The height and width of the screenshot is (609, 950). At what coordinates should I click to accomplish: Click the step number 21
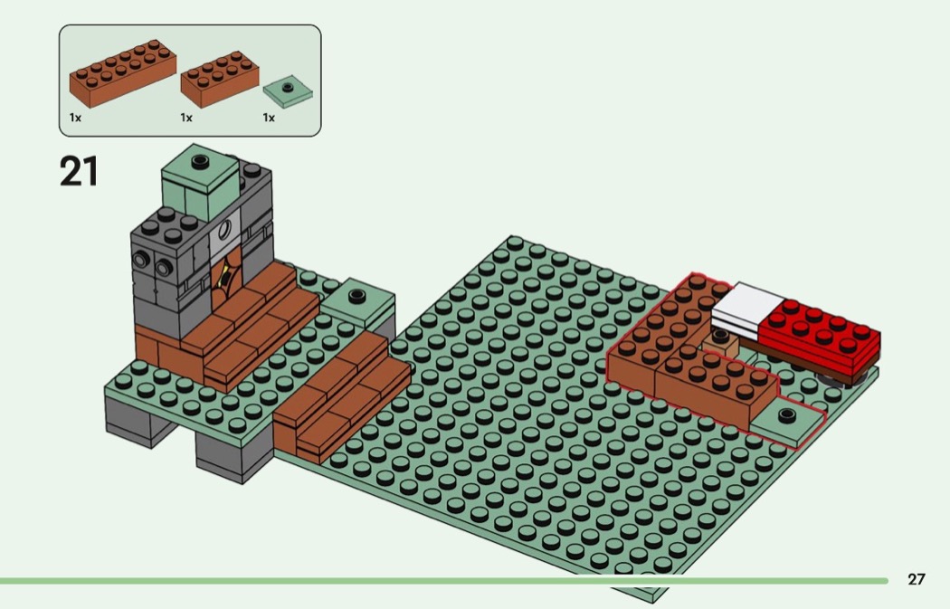(x=80, y=171)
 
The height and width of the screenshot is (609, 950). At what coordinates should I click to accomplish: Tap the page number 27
(x=917, y=579)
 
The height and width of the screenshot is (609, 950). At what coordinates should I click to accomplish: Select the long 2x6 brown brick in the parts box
(x=121, y=74)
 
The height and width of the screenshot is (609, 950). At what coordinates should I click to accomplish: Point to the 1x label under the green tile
(x=269, y=118)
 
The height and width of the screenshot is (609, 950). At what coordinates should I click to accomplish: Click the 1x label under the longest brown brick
(x=76, y=118)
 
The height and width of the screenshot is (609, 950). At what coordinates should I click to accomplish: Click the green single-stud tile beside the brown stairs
(x=356, y=300)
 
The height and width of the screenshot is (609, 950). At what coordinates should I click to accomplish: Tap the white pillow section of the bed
(x=747, y=309)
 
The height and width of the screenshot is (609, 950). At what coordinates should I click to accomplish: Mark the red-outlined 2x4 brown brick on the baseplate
(x=715, y=389)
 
